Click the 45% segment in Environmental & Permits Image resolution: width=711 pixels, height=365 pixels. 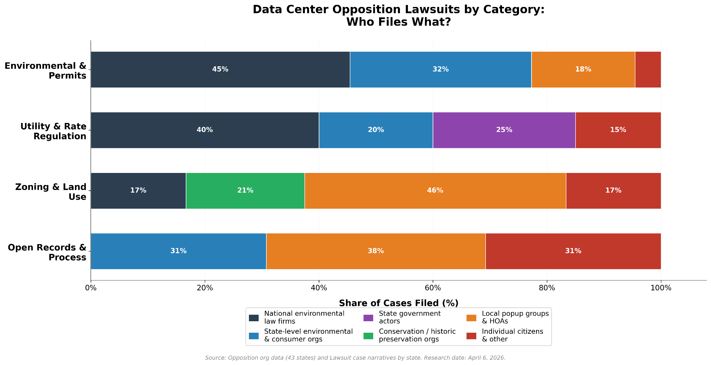(x=220, y=69)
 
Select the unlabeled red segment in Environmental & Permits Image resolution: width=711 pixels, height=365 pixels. (x=648, y=69)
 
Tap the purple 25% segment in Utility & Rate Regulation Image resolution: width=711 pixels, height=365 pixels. (x=504, y=130)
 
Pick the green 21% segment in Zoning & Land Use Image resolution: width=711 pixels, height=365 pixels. (x=245, y=191)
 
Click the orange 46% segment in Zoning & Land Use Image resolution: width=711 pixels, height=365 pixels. (x=435, y=191)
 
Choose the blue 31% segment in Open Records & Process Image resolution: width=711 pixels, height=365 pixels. (x=178, y=251)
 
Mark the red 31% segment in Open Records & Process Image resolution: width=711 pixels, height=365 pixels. (x=573, y=251)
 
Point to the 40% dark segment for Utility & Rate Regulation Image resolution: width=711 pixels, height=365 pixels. (x=204, y=130)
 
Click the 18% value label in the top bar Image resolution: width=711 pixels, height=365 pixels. (x=583, y=69)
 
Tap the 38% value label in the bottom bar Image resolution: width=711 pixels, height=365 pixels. (x=376, y=251)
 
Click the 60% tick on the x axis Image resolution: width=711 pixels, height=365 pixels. (x=433, y=288)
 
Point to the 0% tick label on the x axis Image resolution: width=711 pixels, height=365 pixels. (x=91, y=288)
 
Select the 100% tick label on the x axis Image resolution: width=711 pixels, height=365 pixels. (x=661, y=288)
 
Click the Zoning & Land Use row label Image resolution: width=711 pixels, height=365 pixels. (x=51, y=192)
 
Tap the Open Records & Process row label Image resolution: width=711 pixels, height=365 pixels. (x=47, y=252)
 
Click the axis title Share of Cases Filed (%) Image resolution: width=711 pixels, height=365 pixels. (x=399, y=303)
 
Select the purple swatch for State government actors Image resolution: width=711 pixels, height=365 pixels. (x=368, y=318)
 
